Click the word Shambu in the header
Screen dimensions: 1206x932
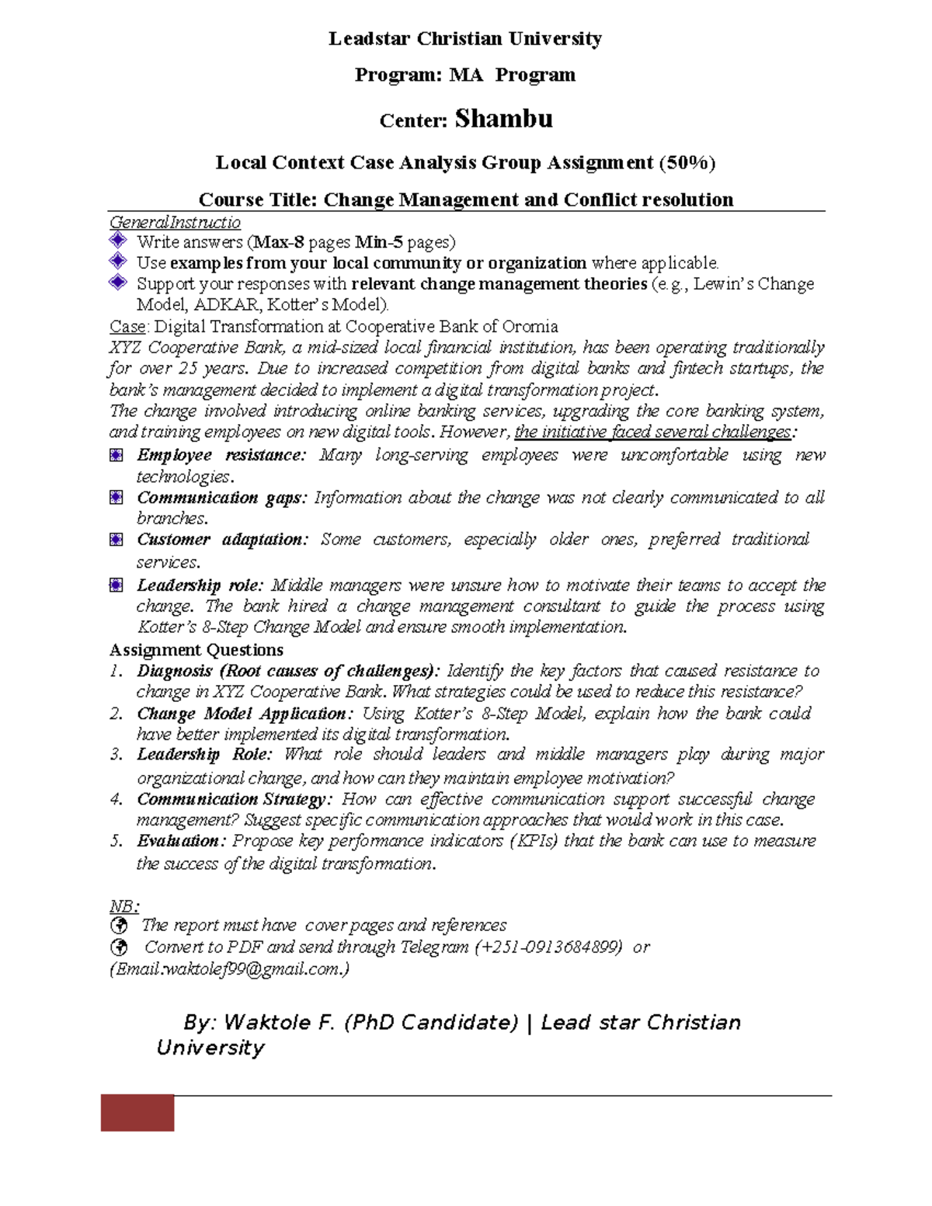tap(503, 119)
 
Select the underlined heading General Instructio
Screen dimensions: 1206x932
tap(175, 222)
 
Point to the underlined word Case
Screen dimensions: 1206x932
tap(127, 326)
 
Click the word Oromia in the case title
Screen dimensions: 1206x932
tap(530, 326)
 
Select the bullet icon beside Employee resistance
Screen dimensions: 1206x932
tap(116, 455)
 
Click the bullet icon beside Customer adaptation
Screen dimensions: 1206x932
tap(116, 540)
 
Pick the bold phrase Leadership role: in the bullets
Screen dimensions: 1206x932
tap(200, 586)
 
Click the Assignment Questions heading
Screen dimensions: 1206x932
tap(196, 650)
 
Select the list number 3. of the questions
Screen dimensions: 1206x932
tap(116, 755)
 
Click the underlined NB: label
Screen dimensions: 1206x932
tap(124, 906)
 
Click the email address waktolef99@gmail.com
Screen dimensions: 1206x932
tap(255, 969)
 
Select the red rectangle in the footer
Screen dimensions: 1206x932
tap(137, 1113)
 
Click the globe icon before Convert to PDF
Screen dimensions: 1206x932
tap(119, 947)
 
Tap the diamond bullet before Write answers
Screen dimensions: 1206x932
tap(118, 240)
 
